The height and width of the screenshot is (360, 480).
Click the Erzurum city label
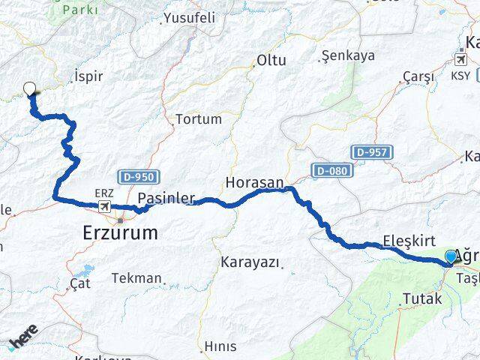(x=120, y=233)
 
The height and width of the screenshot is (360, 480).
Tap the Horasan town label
(x=255, y=182)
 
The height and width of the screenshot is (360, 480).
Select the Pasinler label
(x=166, y=199)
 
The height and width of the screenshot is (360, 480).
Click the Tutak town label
(x=422, y=298)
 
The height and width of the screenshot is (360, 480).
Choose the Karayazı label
(x=250, y=262)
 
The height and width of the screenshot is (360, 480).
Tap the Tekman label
(x=136, y=278)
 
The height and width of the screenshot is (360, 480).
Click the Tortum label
(x=198, y=118)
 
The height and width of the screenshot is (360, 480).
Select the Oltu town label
(x=271, y=59)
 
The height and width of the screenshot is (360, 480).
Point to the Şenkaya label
(x=347, y=55)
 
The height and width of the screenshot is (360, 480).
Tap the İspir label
(x=88, y=76)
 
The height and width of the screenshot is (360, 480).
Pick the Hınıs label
(x=220, y=346)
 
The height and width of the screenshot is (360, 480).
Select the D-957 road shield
(x=372, y=153)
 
